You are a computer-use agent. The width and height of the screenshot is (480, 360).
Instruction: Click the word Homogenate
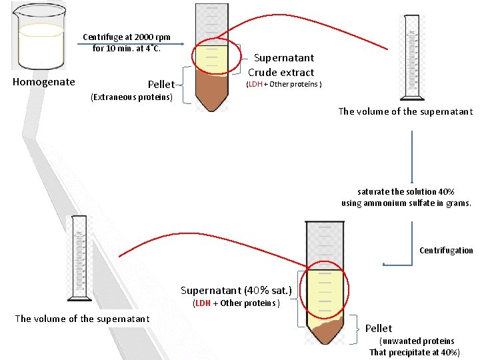(x=44, y=83)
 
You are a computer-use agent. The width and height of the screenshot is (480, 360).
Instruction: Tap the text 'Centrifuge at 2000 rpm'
(x=126, y=37)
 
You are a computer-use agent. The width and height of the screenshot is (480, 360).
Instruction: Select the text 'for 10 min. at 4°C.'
(x=127, y=48)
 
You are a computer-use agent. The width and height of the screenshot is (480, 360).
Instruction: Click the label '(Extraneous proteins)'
(x=131, y=97)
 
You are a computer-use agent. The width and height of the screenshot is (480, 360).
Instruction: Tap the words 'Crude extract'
(x=281, y=72)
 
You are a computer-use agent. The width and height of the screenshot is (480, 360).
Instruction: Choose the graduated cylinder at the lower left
(x=79, y=259)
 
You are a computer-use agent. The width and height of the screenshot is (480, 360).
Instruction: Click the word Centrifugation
(x=446, y=251)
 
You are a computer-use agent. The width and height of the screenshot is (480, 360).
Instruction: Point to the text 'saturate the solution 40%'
(x=406, y=191)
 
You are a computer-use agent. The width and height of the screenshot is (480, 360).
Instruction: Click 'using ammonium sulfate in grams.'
(x=406, y=203)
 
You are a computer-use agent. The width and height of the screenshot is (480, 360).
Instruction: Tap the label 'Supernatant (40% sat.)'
(x=236, y=291)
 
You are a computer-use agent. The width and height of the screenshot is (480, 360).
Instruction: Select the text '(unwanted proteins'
(x=417, y=341)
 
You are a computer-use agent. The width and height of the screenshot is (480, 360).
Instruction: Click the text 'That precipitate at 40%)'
(x=414, y=352)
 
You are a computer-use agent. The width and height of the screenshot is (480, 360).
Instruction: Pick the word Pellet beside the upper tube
(x=161, y=85)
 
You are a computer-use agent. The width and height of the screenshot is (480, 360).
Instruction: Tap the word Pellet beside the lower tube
(x=379, y=328)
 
